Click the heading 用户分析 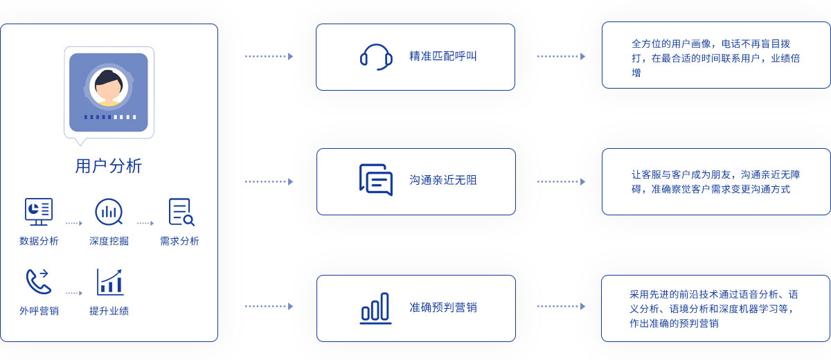pyautogui.click(x=108, y=166)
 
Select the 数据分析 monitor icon pyautogui.click(x=39, y=212)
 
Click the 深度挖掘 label pyautogui.click(x=109, y=241)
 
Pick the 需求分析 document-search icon pyautogui.click(x=181, y=212)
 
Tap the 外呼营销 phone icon pyautogui.click(x=39, y=282)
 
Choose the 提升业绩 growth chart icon pyautogui.click(x=110, y=282)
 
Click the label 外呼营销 pyautogui.click(x=39, y=311)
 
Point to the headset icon pyautogui.click(x=376, y=57)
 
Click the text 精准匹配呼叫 pyautogui.click(x=443, y=56)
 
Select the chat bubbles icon pyautogui.click(x=376, y=180)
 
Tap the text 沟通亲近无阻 pyautogui.click(x=443, y=180)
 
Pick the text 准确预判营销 pyautogui.click(x=443, y=307)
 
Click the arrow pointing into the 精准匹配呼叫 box pyautogui.click(x=269, y=56)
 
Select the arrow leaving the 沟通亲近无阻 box pyautogui.click(x=562, y=181)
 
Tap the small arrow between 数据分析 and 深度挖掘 pyautogui.click(x=74, y=223)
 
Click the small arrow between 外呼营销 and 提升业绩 pyautogui.click(x=74, y=294)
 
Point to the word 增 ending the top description pyautogui.click(x=636, y=73)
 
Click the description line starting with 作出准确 pyautogui.click(x=674, y=323)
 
